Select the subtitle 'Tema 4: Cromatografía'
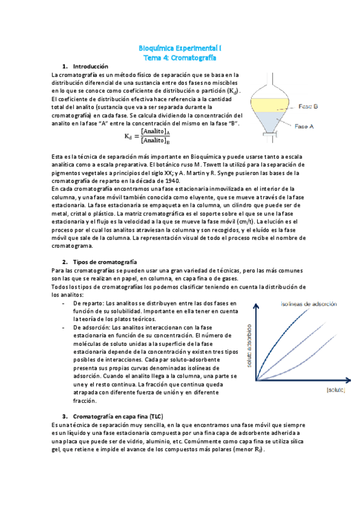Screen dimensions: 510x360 click(180, 57)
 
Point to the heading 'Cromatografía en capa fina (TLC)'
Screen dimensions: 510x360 click(118, 416)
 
